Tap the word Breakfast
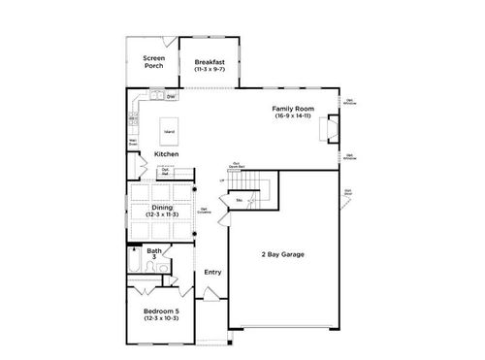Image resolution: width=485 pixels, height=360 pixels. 209,61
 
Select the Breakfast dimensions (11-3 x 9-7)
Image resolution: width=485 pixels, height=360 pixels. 209,70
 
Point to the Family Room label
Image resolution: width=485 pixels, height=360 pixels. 291,109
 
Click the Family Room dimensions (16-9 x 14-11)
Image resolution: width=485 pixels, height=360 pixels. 291,116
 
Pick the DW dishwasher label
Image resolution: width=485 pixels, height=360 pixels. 171,97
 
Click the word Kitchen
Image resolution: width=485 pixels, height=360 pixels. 167,154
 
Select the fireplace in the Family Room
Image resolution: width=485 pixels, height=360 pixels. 333,127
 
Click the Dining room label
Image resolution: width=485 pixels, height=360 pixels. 162,207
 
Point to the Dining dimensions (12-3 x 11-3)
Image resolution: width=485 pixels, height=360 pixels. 162,214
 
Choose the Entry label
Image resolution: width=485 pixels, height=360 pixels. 211,272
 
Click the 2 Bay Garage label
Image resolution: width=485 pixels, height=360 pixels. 283,254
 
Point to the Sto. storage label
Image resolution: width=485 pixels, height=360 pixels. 238,201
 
